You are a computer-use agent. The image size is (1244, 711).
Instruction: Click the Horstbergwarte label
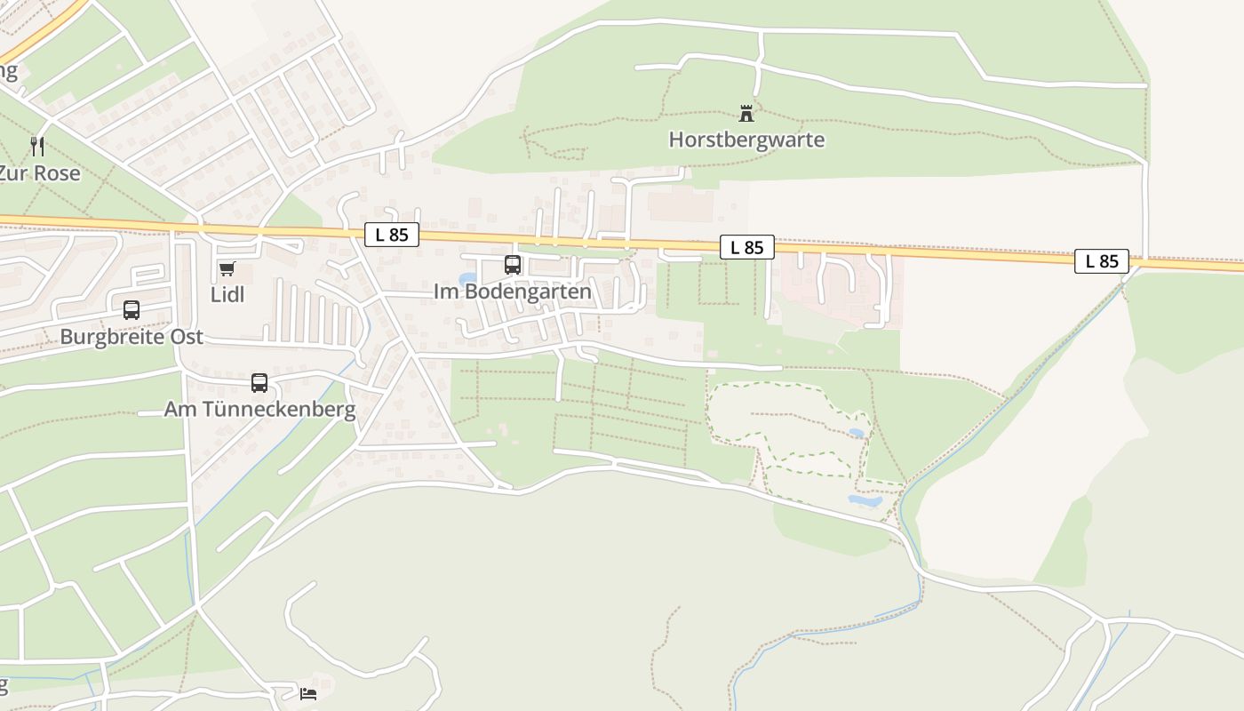[746, 140]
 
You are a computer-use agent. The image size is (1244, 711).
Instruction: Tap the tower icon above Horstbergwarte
[746, 114]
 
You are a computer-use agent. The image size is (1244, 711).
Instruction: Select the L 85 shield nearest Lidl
[392, 235]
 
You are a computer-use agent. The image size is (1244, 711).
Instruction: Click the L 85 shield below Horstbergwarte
[747, 247]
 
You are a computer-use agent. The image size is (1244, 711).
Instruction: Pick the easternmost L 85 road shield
[1102, 260]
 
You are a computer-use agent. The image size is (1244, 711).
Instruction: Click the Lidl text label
[227, 294]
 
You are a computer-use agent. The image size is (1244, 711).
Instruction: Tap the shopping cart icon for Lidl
[227, 268]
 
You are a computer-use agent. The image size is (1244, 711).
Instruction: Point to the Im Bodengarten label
[512, 292]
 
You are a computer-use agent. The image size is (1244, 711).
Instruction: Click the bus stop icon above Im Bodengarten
[513, 264]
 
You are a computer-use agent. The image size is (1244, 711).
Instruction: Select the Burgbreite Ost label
[132, 337]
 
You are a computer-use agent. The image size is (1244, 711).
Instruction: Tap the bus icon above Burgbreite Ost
[132, 310]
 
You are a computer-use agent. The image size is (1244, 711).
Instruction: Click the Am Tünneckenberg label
[259, 409]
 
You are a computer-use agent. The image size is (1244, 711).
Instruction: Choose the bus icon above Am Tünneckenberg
[259, 383]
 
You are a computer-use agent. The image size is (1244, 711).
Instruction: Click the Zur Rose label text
[41, 172]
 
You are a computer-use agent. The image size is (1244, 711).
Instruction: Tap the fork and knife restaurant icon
[37, 146]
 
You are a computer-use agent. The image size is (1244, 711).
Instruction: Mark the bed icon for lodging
[308, 693]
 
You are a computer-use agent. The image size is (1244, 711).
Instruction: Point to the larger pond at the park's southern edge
[865, 500]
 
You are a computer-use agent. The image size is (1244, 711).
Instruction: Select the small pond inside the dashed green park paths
[856, 433]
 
